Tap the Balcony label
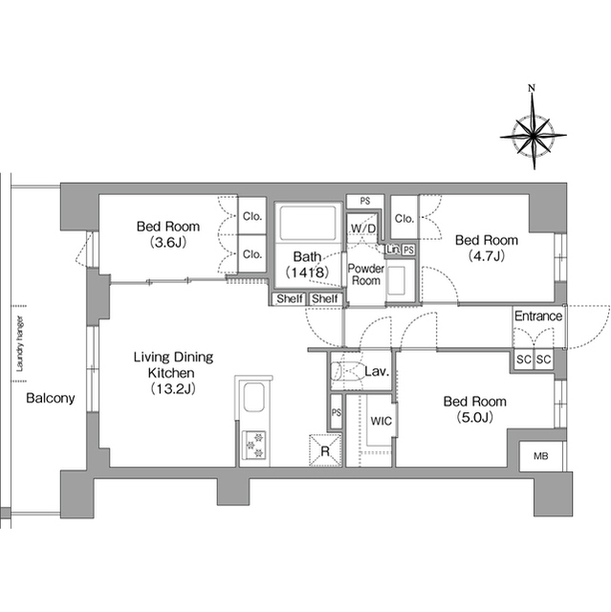point(51,398)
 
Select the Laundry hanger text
point(20,343)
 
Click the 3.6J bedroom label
point(168,234)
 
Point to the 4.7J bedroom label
point(487,248)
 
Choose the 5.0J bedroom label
point(475,409)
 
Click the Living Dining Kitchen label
point(173,372)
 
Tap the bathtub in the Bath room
point(308,223)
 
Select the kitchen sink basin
point(254,398)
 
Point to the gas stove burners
point(254,445)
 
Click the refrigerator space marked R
point(325,450)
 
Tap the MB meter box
point(541,456)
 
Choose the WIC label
point(382,421)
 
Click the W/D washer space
point(363,229)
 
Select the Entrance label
point(538,316)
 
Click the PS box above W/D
point(365,202)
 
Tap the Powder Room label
point(366,274)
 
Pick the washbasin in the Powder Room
point(397,280)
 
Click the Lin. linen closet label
point(392,250)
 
